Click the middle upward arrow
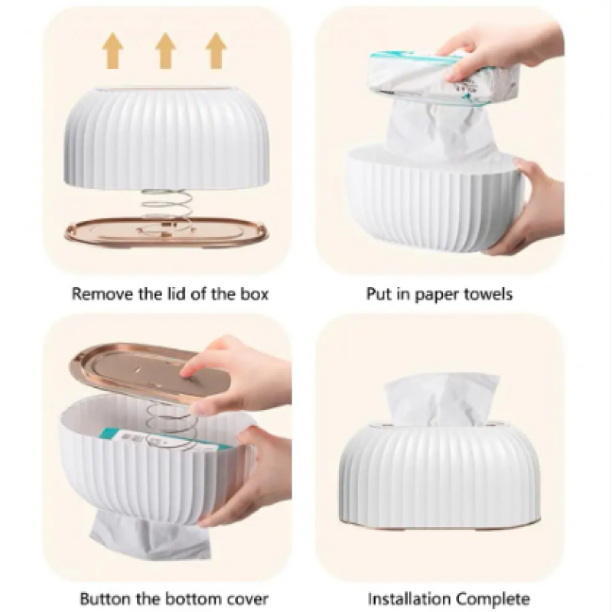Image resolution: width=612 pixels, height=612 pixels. point(165,50)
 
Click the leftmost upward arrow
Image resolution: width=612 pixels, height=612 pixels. point(113,50)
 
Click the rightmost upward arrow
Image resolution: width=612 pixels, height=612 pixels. point(216,50)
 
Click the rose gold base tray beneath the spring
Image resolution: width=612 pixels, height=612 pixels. point(167,235)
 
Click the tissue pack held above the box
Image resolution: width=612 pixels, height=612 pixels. point(445,78)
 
